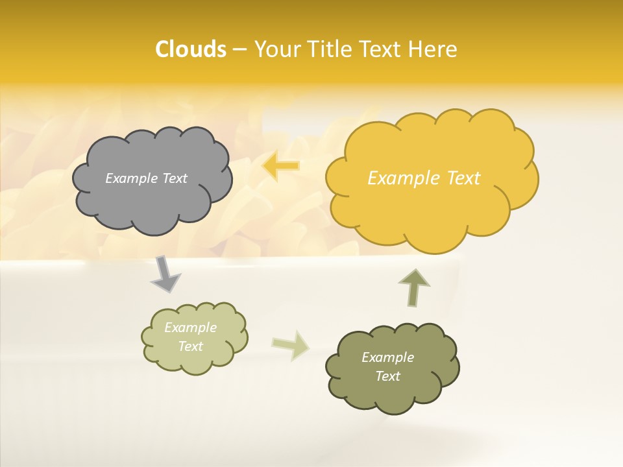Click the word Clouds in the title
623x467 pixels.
pos(190,49)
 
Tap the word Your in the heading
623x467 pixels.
pos(277,49)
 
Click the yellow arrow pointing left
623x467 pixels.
pos(281,167)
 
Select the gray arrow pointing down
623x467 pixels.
pos(165,274)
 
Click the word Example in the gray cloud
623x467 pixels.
pos(132,178)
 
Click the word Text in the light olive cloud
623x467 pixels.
pos(191,346)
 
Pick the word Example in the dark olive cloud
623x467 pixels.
pos(387,357)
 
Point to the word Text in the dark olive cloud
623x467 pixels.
pos(387,376)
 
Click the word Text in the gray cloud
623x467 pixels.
pos(175,178)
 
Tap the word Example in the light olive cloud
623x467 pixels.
pos(191,328)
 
